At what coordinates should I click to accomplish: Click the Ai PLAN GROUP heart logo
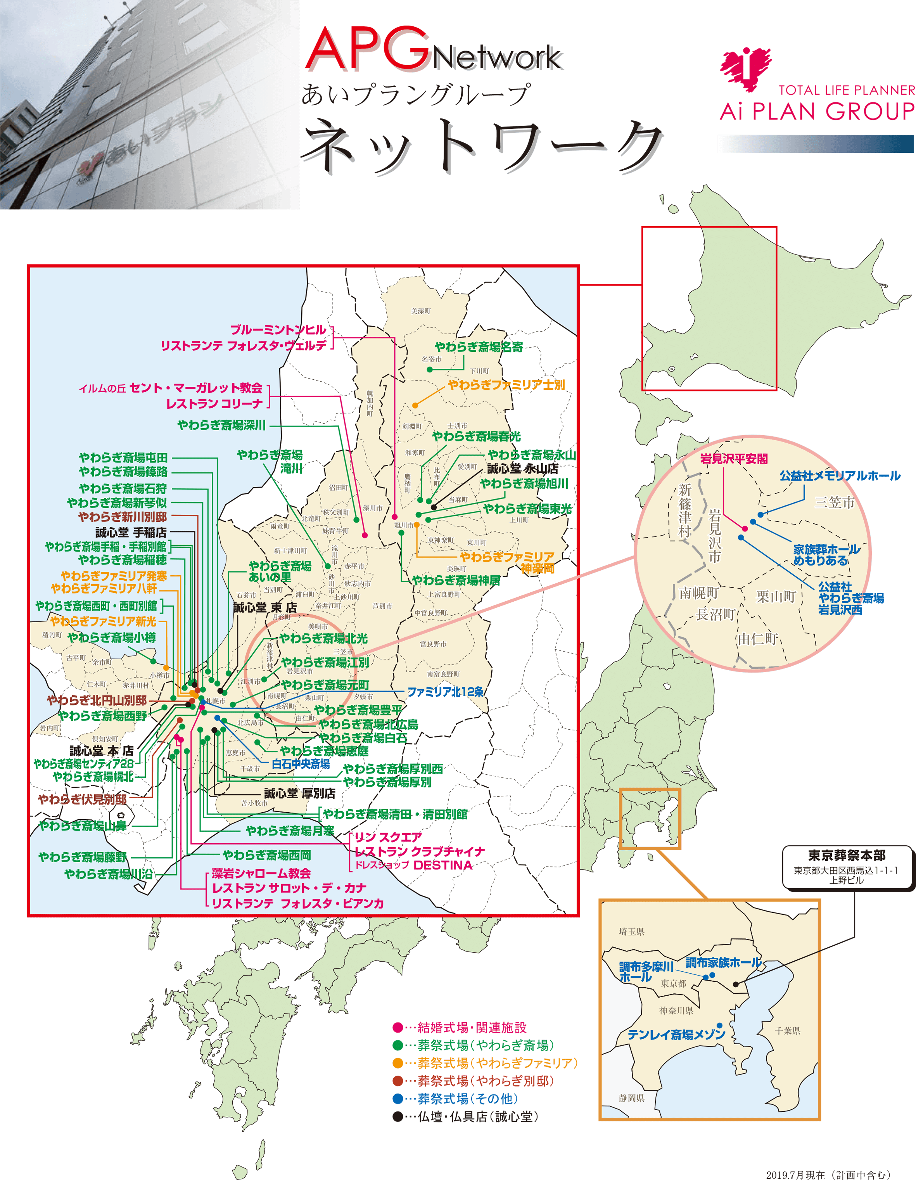(746, 69)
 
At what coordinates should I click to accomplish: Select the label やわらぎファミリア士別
(506, 385)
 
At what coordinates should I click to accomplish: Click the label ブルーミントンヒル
(278, 330)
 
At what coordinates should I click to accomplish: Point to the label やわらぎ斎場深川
(221, 425)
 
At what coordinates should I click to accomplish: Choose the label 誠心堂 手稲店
(131, 532)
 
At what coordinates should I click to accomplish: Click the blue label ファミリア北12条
(445, 692)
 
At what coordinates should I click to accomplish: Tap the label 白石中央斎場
(301, 764)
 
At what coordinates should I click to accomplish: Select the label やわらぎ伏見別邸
(82, 799)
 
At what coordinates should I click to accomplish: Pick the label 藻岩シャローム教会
(261, 874)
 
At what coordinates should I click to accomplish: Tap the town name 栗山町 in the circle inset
(776, 597)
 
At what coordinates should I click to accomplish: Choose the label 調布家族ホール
(723, 962)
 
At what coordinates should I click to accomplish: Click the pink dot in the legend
(398, 1027)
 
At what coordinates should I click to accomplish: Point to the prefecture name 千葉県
(788, 1031)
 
